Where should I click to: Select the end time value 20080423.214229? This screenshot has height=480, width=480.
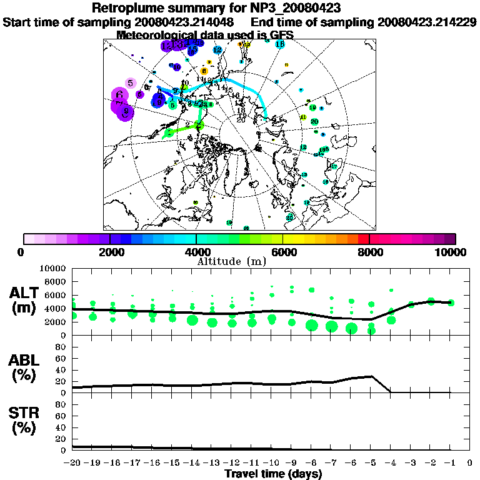[x=427, y=22]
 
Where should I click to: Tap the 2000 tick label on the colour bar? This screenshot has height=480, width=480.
[x=109, y=252]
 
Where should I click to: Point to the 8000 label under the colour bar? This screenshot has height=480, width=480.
[x=369, y=252]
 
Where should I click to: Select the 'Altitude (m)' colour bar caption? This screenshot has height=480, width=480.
[x=240, y=261]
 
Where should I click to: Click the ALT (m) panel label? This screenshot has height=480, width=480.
[x=26, y=300]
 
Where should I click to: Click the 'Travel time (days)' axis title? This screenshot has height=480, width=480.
[x=273, y=474]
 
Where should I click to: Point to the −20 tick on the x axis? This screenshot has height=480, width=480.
[x=73, y=463]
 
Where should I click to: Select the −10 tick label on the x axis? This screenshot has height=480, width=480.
[x=272, y=463]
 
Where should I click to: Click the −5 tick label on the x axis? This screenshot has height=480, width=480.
[x=371, y=463]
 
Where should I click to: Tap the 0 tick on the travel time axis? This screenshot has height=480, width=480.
[x=471, y=463]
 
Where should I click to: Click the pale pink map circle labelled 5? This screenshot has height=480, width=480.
[x=130, y=82]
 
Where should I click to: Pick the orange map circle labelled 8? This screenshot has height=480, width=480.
[x=204, y=71]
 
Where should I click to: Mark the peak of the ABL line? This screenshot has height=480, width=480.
[x=372, y=376]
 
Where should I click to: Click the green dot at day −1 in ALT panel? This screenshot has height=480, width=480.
[x=451, y=302]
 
